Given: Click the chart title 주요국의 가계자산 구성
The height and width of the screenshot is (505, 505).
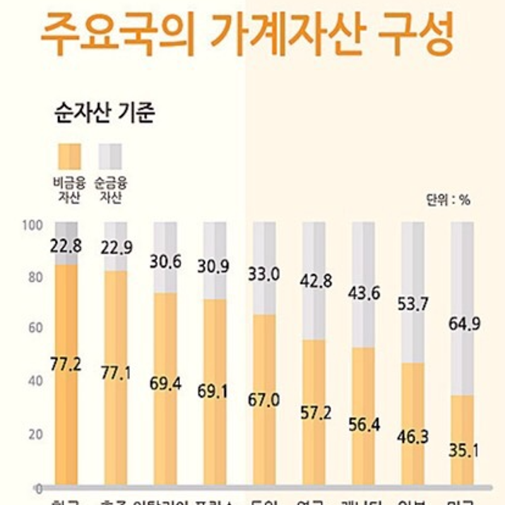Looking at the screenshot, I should (x=247, y=37).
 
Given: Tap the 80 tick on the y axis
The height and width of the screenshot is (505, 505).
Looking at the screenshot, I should (x=33, y=276).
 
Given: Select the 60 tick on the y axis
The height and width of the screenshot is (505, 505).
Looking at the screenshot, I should (x=33, y=328).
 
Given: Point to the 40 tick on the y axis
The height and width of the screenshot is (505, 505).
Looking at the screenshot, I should (x=33, y=381).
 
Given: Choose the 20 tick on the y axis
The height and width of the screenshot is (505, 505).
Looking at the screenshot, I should (x=33, y=434).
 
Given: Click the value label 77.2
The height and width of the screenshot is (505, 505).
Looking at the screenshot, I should (x=66, y=364).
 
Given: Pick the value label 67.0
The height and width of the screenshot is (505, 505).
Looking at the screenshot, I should (x=264, y=400).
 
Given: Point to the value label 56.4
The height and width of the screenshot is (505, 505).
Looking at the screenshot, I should (x=364, y=424).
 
